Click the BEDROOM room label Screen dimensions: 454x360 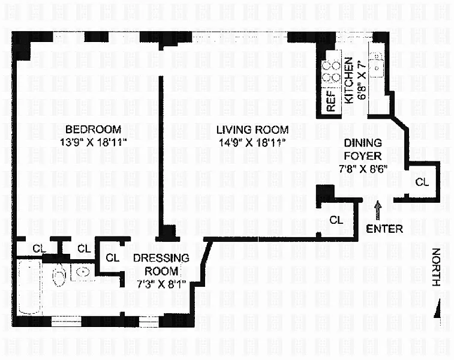coord(93,129)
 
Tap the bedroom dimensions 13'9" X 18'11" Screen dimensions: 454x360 coord(94,142)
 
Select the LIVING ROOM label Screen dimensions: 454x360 coord(252,130)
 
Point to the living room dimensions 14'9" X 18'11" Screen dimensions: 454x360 coord(252,143)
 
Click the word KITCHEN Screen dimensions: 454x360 coord(349,80)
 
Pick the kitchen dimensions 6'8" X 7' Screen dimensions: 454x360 coord(362,80)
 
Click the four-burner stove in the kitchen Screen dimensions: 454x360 coord(331,71)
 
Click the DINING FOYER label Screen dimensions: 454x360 coord(362,149)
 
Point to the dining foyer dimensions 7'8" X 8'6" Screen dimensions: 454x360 coord(363,169)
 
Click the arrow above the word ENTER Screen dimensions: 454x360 coord(378,211)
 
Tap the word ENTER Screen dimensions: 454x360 coord(384,229)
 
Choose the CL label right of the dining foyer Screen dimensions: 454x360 coord(422,182)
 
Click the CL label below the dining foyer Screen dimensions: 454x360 coord(336,220)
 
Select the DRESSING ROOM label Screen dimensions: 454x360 coord(161,265)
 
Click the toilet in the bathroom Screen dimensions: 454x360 coord(59,275)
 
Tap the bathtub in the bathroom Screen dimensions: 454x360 coord(29,287)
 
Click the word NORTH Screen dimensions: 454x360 coord(436,267)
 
